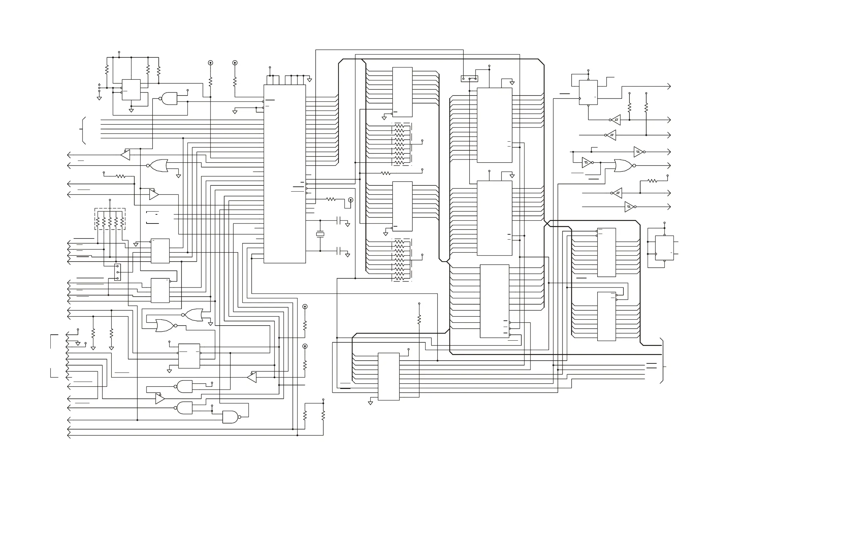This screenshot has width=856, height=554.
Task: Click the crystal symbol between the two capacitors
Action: coord(320,235)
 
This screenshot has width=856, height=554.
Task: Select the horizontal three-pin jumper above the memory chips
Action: coord(469,78)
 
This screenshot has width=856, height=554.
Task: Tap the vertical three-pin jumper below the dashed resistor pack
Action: coord(117,272)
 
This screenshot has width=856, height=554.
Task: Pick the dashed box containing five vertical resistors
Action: coord(110,219)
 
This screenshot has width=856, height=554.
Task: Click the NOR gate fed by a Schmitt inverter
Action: coord(623,165)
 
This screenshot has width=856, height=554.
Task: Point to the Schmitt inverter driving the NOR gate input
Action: coord(587,163)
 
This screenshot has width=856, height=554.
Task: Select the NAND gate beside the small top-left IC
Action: coord(169,99)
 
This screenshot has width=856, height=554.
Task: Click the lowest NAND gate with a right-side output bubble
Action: coord(230,417)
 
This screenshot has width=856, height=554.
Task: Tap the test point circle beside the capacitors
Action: coord(351,200)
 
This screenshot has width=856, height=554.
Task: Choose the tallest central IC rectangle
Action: coord(285,174)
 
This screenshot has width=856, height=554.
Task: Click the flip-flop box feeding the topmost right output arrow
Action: coord(588,92)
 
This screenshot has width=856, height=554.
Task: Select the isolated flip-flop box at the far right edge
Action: coord(664,248)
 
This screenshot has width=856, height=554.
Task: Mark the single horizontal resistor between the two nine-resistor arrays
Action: coord(386,173)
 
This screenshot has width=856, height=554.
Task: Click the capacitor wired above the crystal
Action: coord(338,221)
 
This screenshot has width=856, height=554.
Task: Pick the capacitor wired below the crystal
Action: coord(338,251)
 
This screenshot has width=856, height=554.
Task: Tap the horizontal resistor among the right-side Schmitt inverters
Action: coord(652,181)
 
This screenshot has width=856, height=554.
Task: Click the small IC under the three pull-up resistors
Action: coord(131,90)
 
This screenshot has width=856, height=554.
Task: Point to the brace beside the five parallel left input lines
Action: coord(83,129)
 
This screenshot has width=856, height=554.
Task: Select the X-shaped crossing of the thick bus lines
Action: coord(547,224)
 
